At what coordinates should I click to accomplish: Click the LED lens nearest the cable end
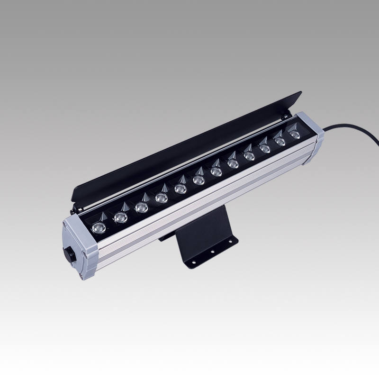(x=296, y=135)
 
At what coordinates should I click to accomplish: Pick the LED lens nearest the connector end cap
(x=98, y=227)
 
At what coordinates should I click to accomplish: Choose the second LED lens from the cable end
(x=280, y=142)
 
